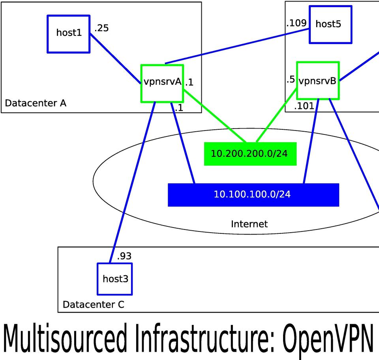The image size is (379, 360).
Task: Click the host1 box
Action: pyautogui.click(x=68, y=34)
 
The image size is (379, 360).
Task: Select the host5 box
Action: pyautogui.click(x=330, y=24)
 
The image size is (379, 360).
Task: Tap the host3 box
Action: pyautogui.click(x=115, y=279)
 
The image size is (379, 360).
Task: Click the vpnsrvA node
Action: pyautogui.click(x=162, y=82)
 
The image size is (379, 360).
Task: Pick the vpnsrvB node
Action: pyautogui.click(x=318, y=81)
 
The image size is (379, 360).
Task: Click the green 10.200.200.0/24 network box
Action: pyautogui.click(x=250, y=153)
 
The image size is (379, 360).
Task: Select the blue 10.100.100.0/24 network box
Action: pyautogui.click(x=253, y=194)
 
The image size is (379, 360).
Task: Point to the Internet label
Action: pyautogui.click(x=249, y=224)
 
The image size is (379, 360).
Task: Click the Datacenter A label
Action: pyautogui.click(x=36, y=103)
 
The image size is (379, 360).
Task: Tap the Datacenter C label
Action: pyautogui.click(x=93, y=304)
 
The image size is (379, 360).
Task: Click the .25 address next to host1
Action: pyautogui.click(x=101, y=28)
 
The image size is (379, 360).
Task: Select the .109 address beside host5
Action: pyautogui.click(x=296, y=23)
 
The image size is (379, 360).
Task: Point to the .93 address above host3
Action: pyautogui.click(x=124, y=256)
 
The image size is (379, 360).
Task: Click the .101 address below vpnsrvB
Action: pyautogui.click(x=304, y=106)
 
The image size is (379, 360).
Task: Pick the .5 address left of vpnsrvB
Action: pyautogui.click(x=291, y=80)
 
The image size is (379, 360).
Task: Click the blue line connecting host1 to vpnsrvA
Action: pyautogui.click(x=115, y=58)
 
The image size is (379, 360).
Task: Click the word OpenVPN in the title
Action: pyautogui.click(x=327, y=338)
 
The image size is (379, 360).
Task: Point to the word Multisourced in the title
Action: pyautogui.click(x=65, y=338)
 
